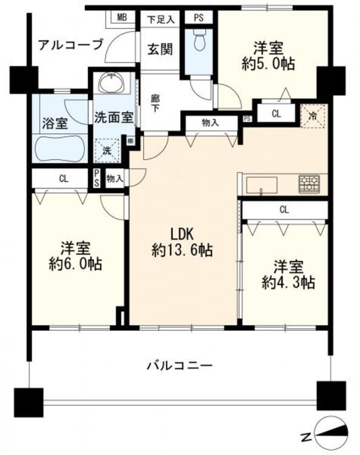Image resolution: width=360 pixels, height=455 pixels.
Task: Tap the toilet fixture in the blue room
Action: coord(198,41)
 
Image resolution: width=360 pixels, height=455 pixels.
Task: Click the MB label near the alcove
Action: coord(122,18)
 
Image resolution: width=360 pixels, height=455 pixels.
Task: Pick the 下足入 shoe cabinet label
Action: coord(160,19)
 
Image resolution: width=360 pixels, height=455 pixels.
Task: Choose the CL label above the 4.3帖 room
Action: coord(284,210)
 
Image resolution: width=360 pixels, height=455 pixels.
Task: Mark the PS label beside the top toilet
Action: coord(198,18)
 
